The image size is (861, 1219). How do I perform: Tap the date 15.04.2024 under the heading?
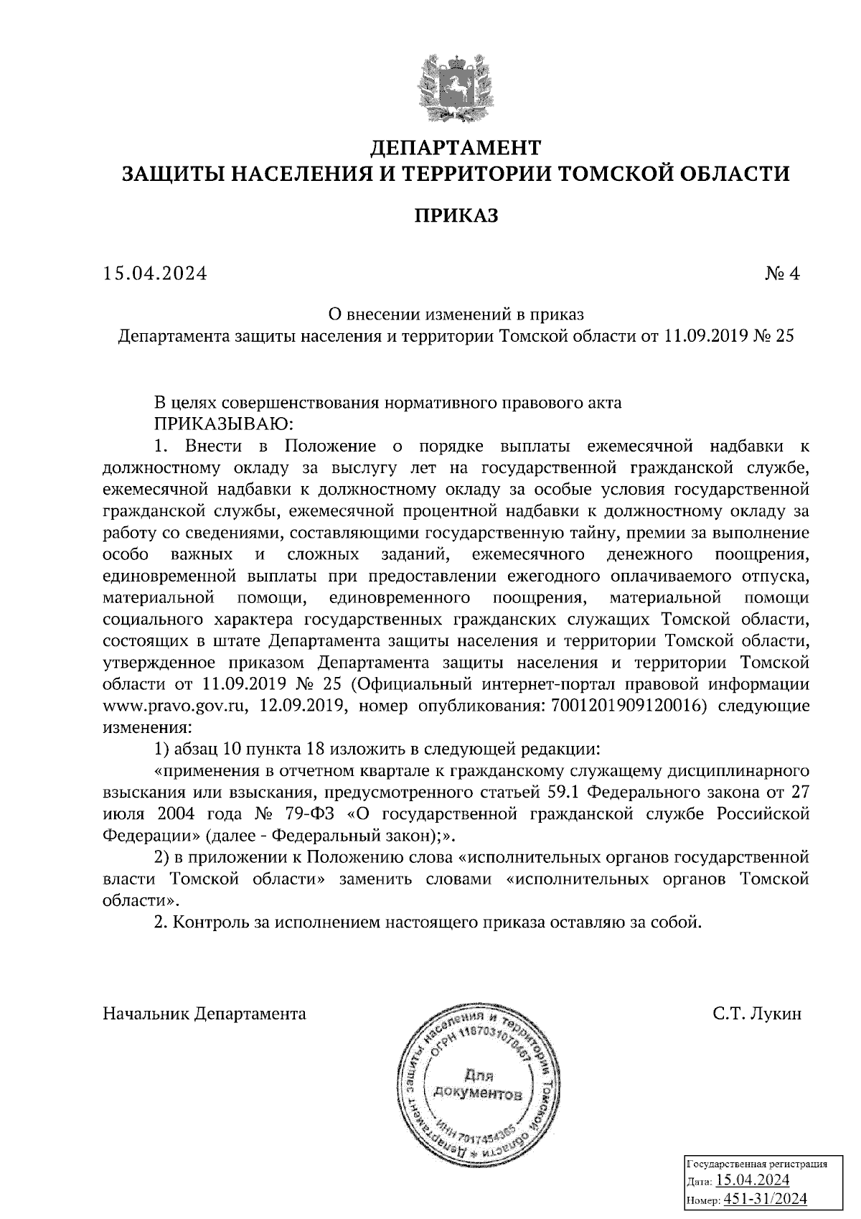click(x=155, y=274)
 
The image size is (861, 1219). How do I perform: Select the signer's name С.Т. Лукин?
click(x=757, y=1014)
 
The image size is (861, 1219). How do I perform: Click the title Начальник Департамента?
click(x=204, y=1014)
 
